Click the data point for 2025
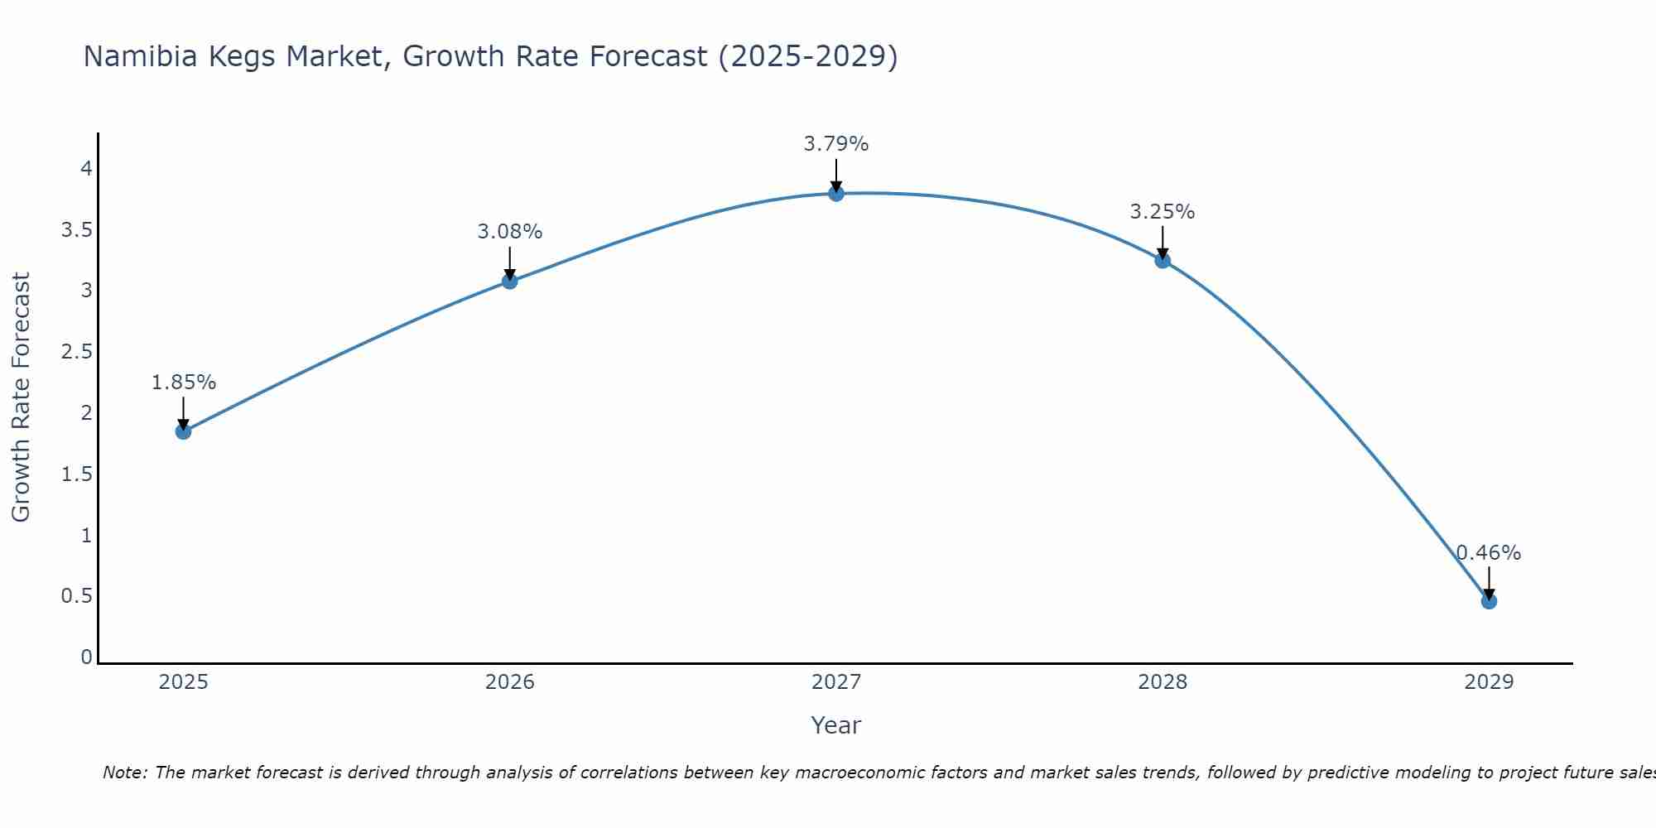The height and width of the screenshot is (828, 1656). (x=183, y=431)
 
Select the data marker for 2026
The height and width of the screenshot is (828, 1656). (x=509, y=281)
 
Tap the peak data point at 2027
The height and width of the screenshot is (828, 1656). (x=835, y=194)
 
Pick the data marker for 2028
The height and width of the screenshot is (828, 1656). (x=1163, y=260)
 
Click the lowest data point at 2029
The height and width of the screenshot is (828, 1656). (x=1489, y=601)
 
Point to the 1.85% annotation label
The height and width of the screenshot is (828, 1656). (x=184, y=383)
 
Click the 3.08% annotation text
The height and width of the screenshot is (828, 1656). (x=509, y=232)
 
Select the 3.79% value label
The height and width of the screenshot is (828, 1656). (x=835, y=144)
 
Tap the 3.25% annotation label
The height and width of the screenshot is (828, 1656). (x=1163, y=212)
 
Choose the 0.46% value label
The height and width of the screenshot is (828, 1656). (x=1489, y=553)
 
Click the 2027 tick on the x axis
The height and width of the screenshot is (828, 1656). (x=835, y=682)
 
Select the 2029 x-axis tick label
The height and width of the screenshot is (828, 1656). (x=1489, y=682)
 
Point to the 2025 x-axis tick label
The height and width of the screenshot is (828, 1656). (x=183, y=682)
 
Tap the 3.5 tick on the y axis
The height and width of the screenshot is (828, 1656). (x=76, y=230)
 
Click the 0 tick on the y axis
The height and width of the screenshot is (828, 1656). (x=86, y=657)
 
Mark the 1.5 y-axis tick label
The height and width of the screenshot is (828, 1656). (x=76, y=474)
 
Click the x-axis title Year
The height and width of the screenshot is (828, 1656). (x=835, y=725)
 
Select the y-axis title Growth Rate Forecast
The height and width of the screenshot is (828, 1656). (x=21, y=397)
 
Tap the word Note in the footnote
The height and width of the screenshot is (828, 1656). (x=124, y=773)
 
